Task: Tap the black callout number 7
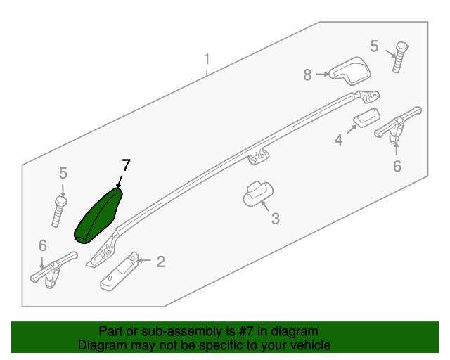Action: pyautogui.click(x=127, y=165)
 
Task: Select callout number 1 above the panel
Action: pyautogui.click(x=207, y=59)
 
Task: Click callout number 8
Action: pyautogui.click(x=307, y=75)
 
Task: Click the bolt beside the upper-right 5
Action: pyautogui.click(x=400, y=57)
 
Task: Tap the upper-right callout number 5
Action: pyautogui.click(x=374, y=46)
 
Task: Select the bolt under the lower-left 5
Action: pyautogui.click(x=59, y=212)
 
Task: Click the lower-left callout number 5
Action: pyautogui.click(x=63, y=174)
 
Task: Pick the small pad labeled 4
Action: pyautogui.click(x=366, y=117)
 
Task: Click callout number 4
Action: pyautogui.click(x=339, y=140)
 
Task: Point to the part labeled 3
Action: pyautogui.click(x=258, y=193)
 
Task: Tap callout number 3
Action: pyautogui.click(x=276, y=219)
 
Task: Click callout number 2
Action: pyautogui.click(x=161, y=262)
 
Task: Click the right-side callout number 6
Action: pyautogui.click(x=397, y=167)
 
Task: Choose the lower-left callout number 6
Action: pyautogui.click(x=43, y=245)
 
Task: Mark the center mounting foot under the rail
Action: pyautogui.click(x=258, y=157)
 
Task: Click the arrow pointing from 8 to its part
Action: pyautogui.click(x=322, y=75)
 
